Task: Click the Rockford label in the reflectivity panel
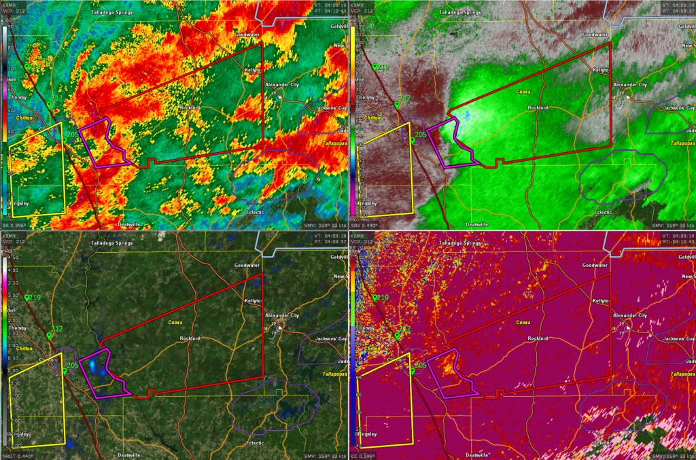pos(190,107)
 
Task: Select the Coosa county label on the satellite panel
pos(176,322)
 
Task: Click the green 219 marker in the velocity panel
pos(382,67)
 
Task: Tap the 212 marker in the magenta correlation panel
pos(404,329)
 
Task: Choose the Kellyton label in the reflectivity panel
pos(254,69)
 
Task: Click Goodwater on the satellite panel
pos(247,265)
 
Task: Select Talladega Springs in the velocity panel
pos(462,12)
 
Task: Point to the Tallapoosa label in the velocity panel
pos(681,143)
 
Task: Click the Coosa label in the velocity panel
pos(523,91)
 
